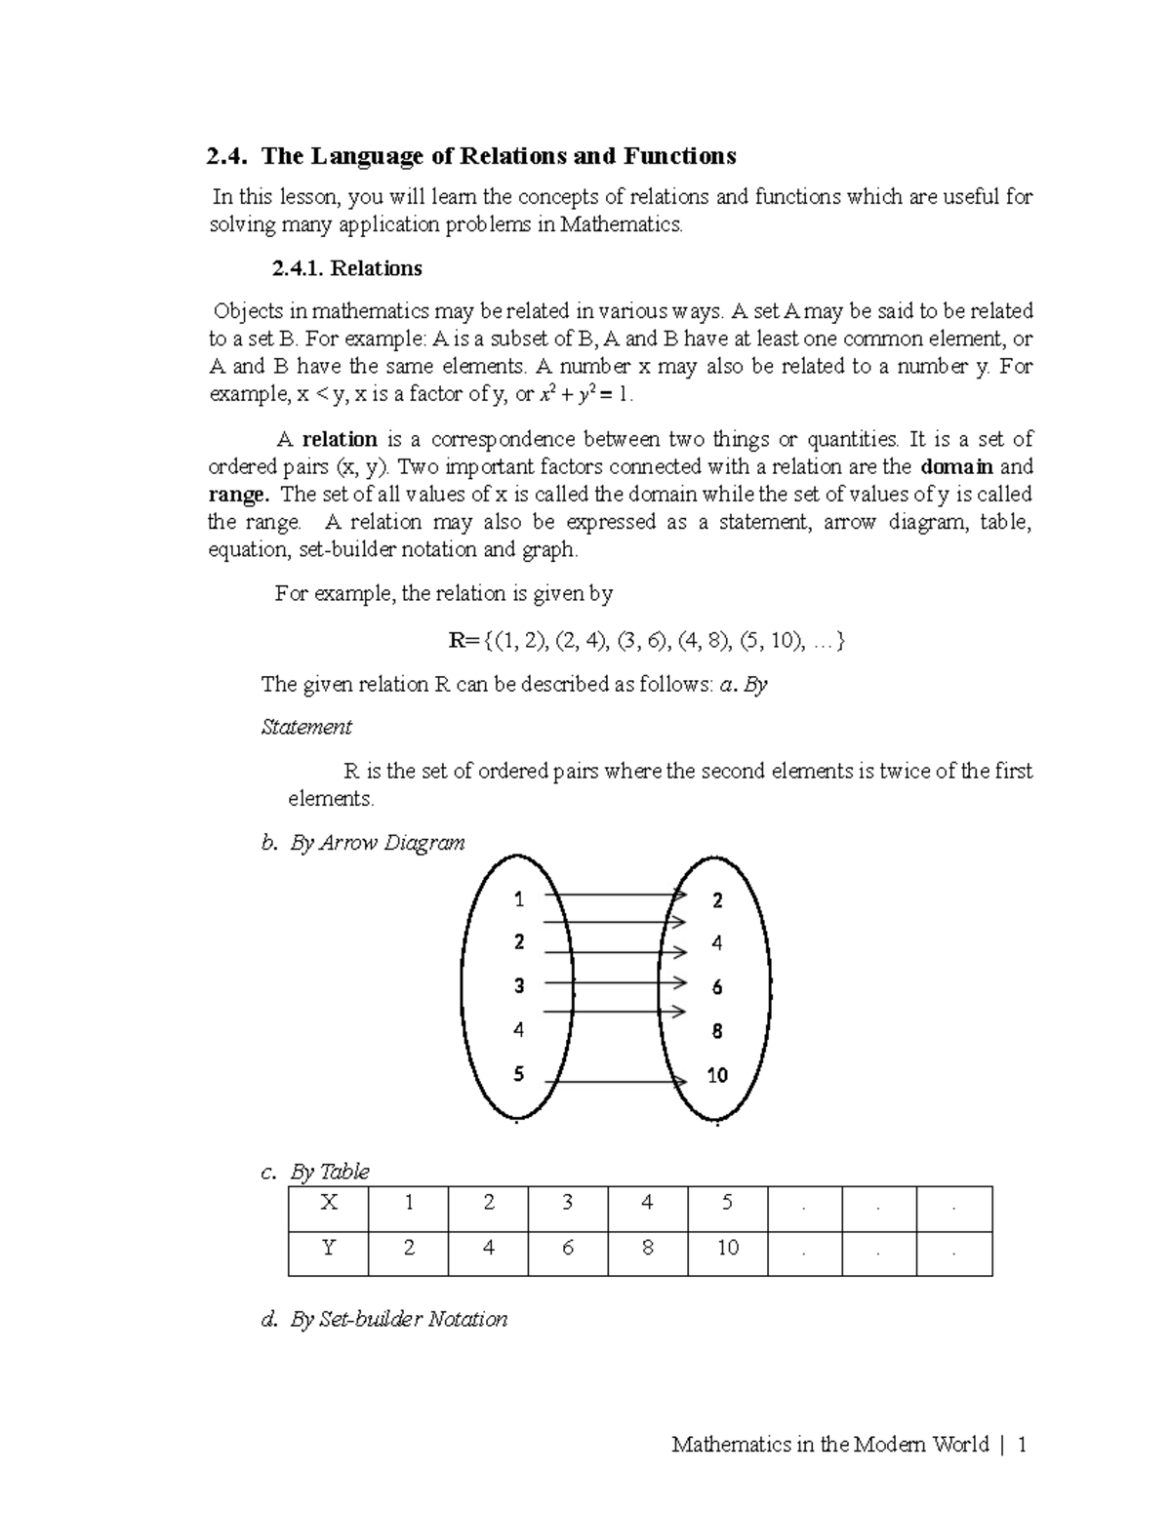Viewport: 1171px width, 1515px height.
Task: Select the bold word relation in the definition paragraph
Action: point(339,439)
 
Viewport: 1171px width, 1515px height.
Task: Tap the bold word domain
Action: point(957,466)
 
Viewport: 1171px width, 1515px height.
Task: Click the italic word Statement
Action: point(306,727)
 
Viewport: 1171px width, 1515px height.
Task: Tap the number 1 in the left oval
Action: point(519,898)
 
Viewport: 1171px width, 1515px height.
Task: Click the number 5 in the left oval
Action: point(519,1074)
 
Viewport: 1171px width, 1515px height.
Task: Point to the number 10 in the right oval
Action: point(717,1075)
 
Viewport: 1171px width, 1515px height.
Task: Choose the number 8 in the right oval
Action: point(717,1031)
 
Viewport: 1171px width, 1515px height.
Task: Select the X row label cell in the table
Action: point(329,1203)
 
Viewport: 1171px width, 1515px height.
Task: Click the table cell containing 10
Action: point(727,1248)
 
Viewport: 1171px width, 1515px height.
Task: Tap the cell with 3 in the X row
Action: point(567,1203)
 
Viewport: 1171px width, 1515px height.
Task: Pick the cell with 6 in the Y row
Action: point(567,1248)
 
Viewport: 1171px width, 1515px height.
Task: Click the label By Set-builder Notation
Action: point(398,1320)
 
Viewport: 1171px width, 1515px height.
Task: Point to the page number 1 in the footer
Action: point(1022,1445)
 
